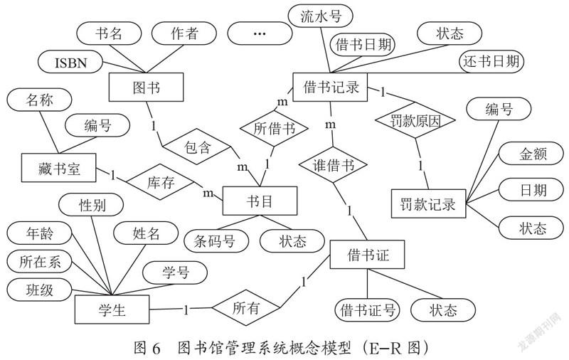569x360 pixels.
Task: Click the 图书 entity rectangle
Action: click(147, 87)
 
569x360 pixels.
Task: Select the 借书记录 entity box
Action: click(330, 87)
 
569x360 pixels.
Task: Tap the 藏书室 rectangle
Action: click(59, 168)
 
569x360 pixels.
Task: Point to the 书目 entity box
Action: click(260, 201)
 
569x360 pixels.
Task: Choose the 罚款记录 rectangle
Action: click(429, 203)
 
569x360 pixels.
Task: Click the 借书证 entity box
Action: click(367, 255)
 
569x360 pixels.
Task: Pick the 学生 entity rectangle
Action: click(112, 309)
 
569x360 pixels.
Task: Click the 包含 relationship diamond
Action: click(197, 147)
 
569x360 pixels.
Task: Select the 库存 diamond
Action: click(161, 181)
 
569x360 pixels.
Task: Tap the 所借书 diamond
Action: click(274, 128)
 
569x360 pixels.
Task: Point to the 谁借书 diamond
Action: click(333, 165)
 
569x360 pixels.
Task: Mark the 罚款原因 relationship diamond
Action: click(415, 120)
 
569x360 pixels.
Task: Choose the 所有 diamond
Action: click(246, 307)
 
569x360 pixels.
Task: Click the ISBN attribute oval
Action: click(70, 62)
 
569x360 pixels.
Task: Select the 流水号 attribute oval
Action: click(321, 16)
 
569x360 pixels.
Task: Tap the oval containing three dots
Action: click(260, 33)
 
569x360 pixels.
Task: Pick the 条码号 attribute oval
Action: click(216, 240)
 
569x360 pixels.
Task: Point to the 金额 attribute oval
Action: click(531, 153)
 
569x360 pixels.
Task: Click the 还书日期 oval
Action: click(491, 61)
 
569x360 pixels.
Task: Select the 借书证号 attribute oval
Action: click(367, 310)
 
